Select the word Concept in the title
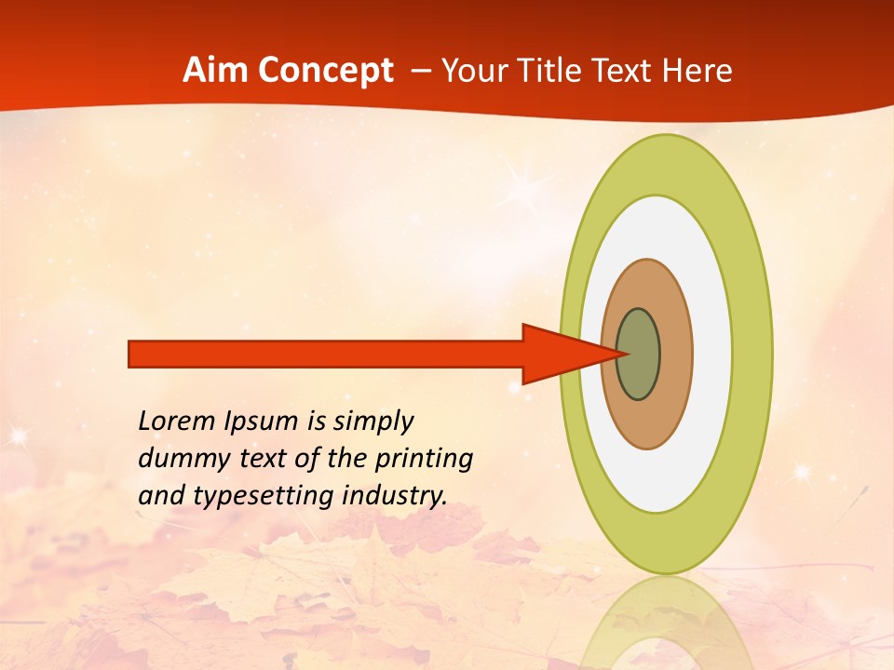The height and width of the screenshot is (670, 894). [325, 72]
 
